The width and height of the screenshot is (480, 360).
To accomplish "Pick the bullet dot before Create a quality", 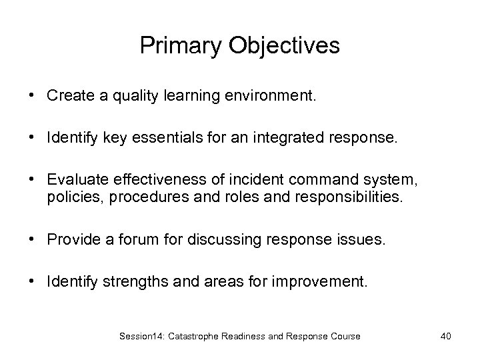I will [x=32, y=96].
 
